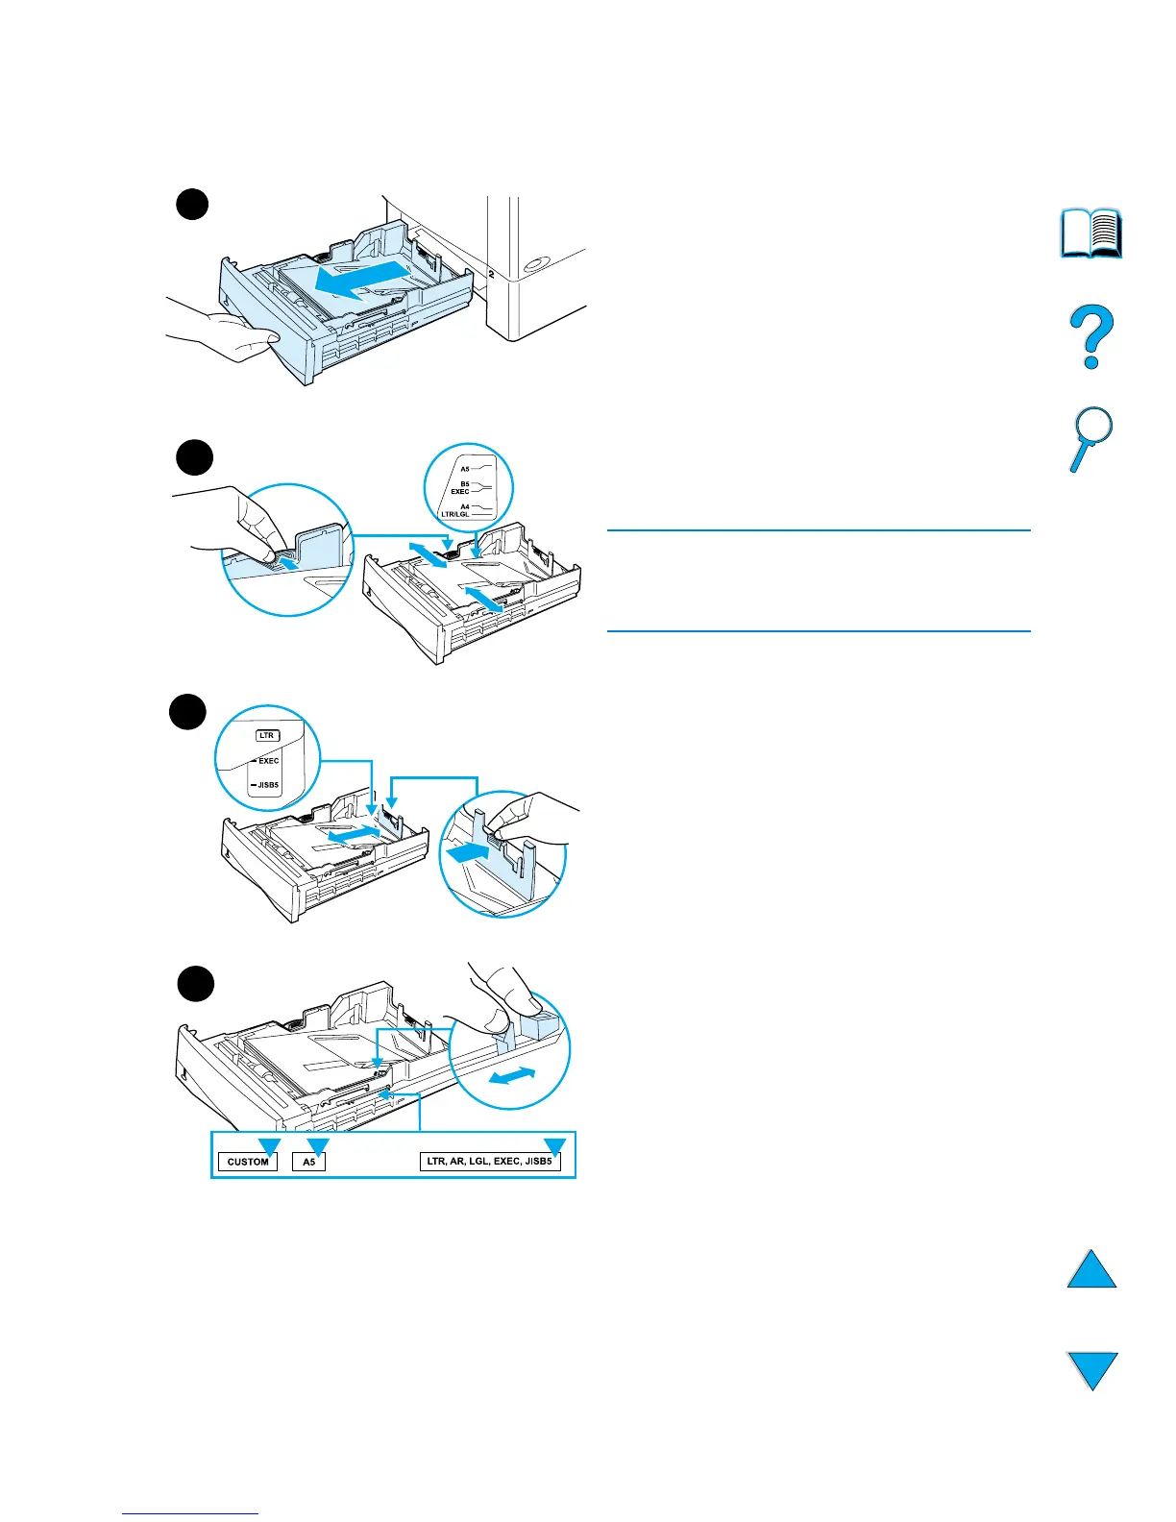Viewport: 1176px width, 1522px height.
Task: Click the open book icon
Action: (x=1091, y=233)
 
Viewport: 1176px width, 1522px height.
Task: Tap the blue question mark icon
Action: (x=1091, y=336)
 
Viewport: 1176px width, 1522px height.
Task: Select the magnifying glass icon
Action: (x=1090, y=438)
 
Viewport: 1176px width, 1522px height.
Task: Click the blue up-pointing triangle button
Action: (x=1092, y=1270)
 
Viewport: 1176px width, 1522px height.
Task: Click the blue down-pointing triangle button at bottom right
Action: (x=1092, y=1370)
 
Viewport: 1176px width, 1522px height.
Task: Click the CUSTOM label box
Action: (x=248, y=1162)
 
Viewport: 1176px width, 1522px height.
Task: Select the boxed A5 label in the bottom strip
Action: (x=309, y=1162)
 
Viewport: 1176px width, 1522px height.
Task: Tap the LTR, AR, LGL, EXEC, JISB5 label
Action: (x=490, y=1162)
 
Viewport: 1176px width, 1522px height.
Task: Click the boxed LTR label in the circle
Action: (x=266, y=735)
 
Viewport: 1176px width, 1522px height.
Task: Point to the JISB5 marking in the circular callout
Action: (x=266, y=785)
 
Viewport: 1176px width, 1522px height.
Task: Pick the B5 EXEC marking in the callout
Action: (x=463, y=488)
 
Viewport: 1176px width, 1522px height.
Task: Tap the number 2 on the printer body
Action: (x=491, y=274)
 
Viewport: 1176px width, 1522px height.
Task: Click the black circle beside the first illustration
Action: (x=192, y=204)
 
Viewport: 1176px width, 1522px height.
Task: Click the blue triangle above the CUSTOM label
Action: (x=269, y=1145)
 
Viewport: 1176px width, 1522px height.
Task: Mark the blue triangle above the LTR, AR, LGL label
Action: (x=554, y=1145)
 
